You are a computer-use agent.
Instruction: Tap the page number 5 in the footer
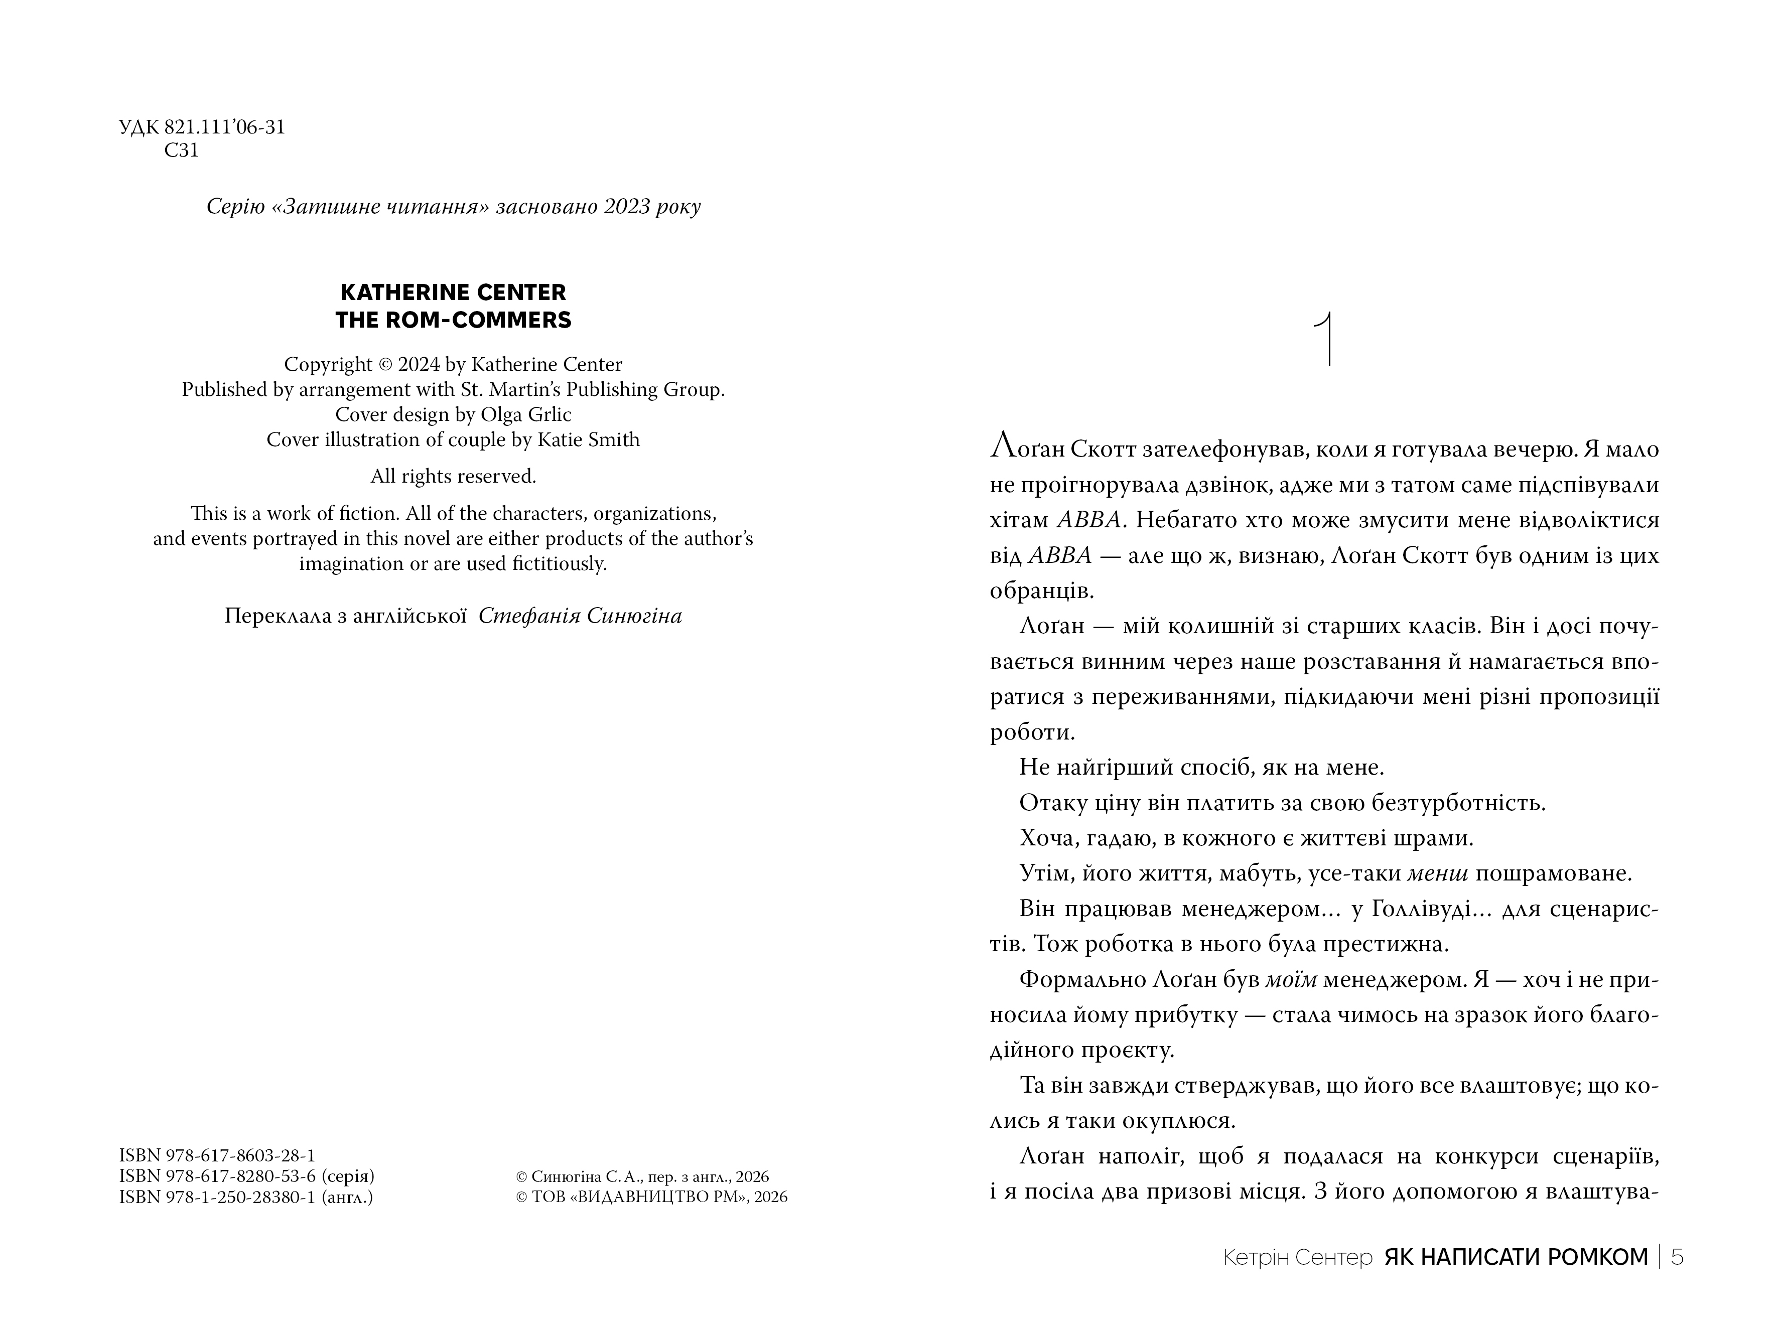point(1677,1257)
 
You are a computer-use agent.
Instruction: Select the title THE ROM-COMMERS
point(453,320)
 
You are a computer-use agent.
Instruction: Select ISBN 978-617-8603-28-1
point(217,1155)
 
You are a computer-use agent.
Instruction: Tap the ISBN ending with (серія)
point(247,1176)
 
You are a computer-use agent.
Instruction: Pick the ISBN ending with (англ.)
point(246,1197)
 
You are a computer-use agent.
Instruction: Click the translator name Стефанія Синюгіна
point(580,616)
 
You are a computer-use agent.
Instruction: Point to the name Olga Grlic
point(526,414)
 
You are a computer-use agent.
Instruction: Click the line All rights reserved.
point(453,477)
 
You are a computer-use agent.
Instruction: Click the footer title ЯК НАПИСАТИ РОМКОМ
point(1516,1257)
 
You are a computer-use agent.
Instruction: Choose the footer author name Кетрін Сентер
point(1297,1257)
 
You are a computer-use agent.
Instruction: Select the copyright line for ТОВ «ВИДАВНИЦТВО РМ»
point(651,1197)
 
